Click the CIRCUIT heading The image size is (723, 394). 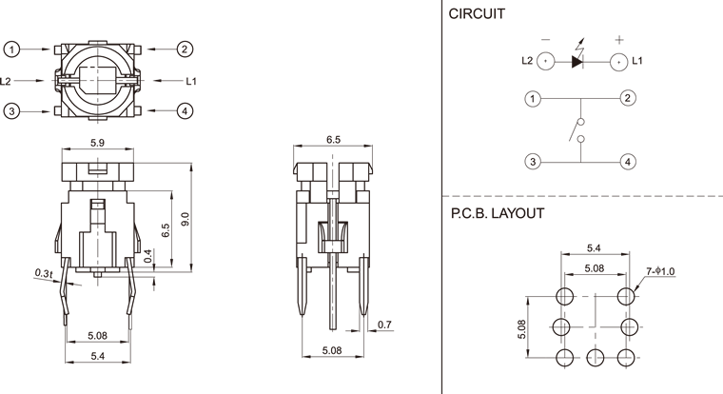(478, 14)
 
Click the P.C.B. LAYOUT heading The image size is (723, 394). (498, 213)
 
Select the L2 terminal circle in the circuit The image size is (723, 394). (545, 62)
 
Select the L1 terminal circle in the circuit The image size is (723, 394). (617, 62)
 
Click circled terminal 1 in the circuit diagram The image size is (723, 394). (534, 98)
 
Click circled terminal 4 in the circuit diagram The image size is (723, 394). (628, 162)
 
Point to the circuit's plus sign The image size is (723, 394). (619, 40)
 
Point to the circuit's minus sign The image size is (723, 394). (545, 40)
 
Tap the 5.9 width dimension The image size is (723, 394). (97, 144)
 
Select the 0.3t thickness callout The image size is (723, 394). (43, 273)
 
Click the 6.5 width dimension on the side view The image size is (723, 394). (333, 140)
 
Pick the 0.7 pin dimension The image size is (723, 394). (384, 326)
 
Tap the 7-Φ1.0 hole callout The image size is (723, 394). (660, 272)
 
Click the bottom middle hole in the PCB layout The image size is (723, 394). (596, 357)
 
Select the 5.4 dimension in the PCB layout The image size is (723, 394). (595, 249)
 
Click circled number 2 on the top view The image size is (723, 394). (186, 49)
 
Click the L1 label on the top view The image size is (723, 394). (190, 81)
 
